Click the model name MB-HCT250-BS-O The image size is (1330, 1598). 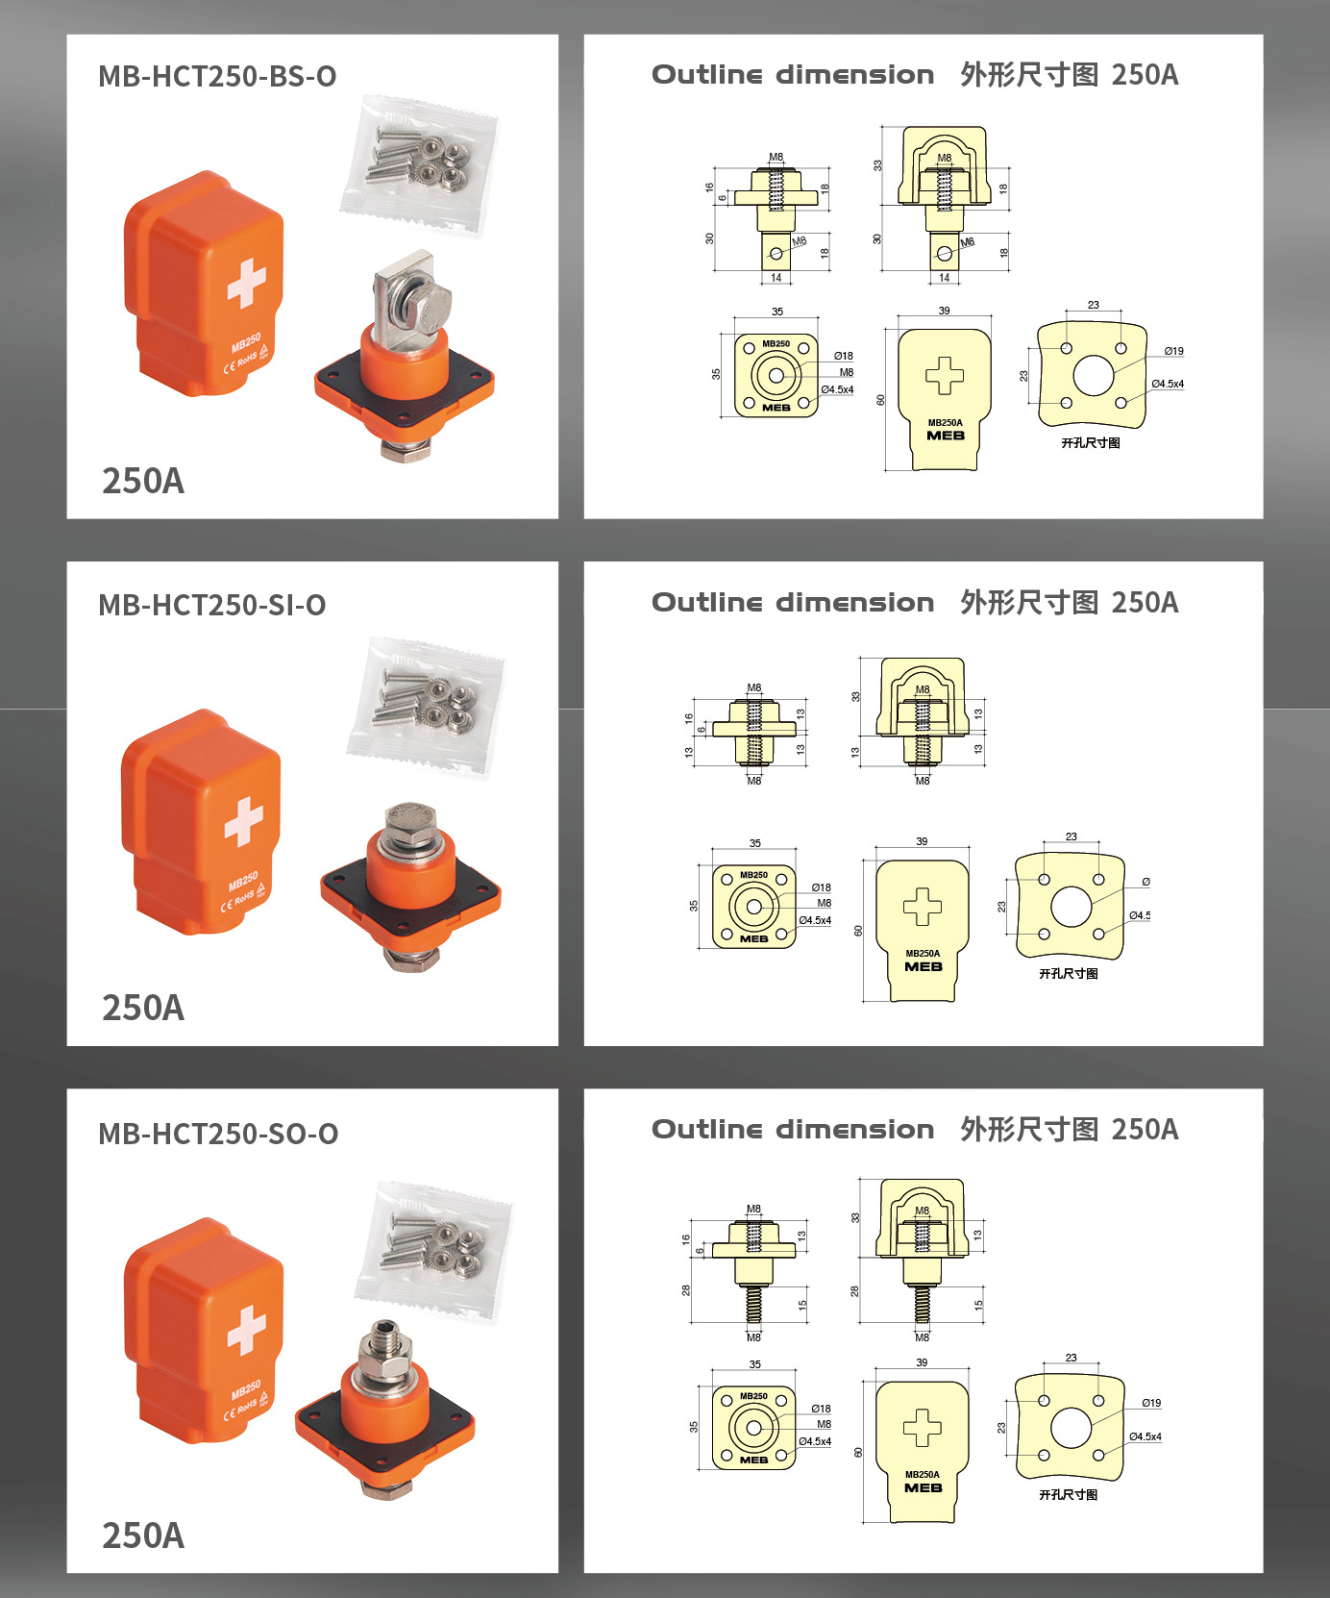(x=217, y=76)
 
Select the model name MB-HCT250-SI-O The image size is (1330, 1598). (x=211, y=605)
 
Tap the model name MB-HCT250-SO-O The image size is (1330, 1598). (x=218, y=1134)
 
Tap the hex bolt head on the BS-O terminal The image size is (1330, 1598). (x=428, y=307)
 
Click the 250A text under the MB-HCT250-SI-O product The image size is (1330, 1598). (x=143, y=1008)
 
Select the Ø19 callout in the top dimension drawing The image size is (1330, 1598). (x=1173, y=351)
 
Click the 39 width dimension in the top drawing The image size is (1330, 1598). (x=944, y=311)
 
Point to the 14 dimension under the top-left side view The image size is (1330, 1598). (x=776, y=278)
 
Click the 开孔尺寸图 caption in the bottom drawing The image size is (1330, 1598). (x=1068, y=1494)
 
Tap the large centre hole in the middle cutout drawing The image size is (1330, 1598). (x=1071, y=907)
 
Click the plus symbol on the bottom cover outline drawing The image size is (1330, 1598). (x=923, y=1428)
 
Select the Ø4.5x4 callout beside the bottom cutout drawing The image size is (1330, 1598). (x=1145, y=1436)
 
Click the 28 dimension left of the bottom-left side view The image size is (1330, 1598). (x=686, y=1290)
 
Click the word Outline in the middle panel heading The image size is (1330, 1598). (x=706, y=603)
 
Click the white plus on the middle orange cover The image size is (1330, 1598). (x=244, y=820)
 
